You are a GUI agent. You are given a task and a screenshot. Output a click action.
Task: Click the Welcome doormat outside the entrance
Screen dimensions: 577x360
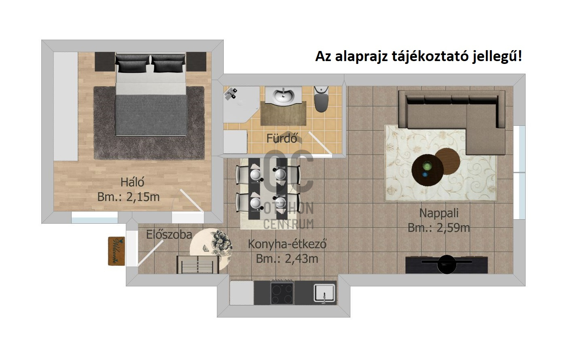point(117,251)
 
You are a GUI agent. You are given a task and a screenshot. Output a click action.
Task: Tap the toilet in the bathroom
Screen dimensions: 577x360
point(321,99)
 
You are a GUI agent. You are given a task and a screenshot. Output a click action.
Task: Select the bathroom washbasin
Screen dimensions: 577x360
point(283,95)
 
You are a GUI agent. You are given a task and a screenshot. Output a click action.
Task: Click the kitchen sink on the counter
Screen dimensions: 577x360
point(325,293)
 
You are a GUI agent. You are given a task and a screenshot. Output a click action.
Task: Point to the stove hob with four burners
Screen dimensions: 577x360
point(282,293)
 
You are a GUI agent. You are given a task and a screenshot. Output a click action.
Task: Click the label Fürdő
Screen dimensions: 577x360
point(282,138)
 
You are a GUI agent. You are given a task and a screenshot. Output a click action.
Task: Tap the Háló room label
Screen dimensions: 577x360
point(132,182)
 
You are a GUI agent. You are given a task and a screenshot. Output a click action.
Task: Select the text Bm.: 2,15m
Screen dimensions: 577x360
point(129,197)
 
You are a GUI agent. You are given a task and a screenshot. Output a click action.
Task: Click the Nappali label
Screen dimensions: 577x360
point(439,213)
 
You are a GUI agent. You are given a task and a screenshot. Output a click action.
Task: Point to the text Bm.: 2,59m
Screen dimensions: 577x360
point(439,228)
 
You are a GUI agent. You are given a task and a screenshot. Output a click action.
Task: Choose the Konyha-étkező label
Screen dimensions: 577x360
point(287,244)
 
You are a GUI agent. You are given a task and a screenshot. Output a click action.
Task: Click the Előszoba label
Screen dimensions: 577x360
point(169,235)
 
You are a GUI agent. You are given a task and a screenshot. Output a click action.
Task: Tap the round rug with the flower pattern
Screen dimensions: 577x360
point(211,248)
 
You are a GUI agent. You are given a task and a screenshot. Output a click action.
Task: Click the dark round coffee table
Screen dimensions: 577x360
point(428,169)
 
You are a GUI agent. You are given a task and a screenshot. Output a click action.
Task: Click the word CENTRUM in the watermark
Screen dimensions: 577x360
point(288,224)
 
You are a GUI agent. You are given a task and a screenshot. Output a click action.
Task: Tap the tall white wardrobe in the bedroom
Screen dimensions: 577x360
point(66,107)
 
